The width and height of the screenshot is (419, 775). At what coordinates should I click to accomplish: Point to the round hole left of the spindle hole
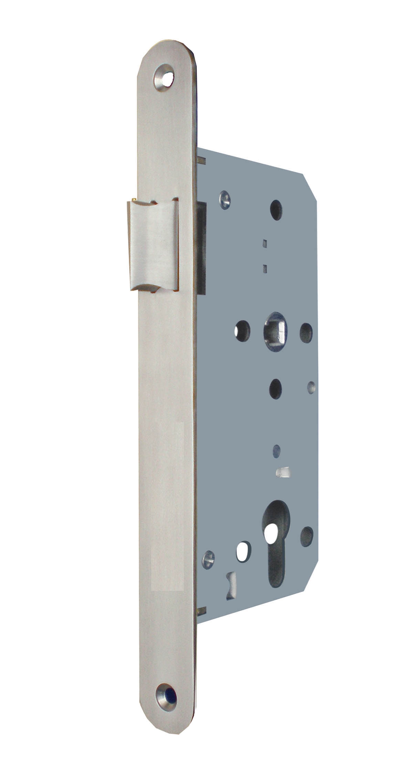click(242, 328)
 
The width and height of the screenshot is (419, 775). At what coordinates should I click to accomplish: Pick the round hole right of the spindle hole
click(306, 329)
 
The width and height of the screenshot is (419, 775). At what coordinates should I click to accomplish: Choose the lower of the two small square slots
click(265, 268)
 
